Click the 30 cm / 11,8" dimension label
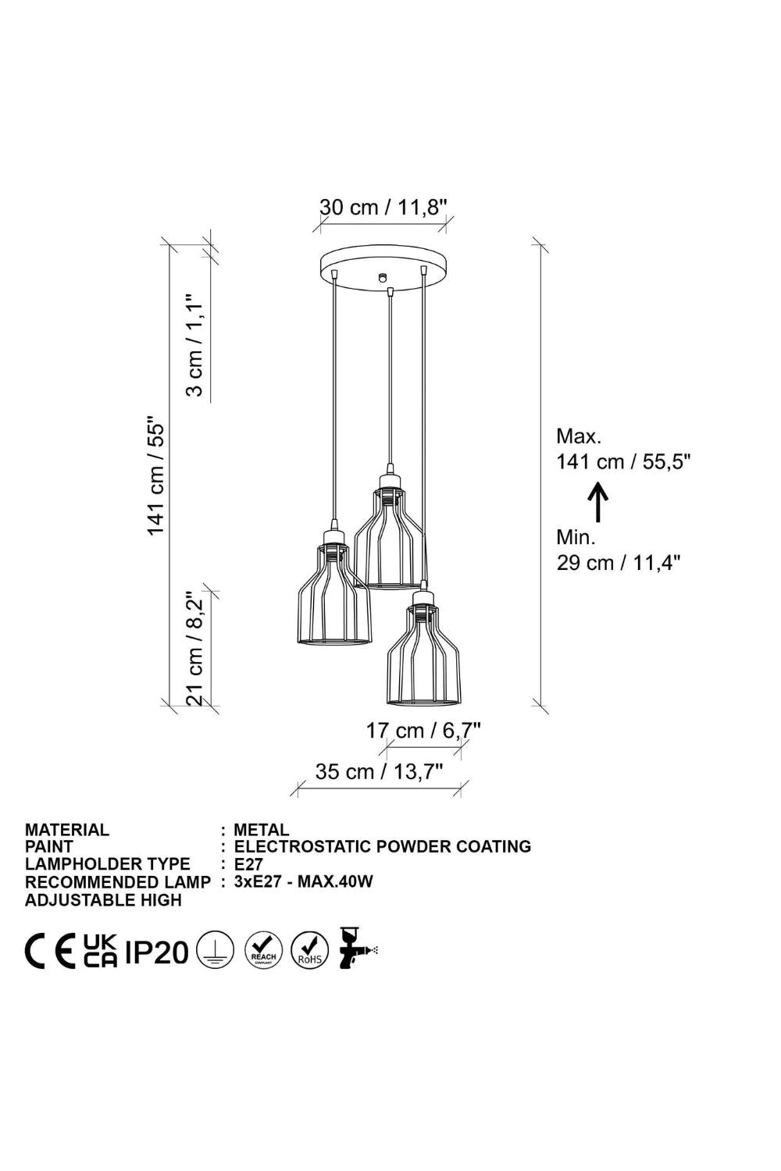coord(383,207)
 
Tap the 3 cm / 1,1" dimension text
coord(195,345)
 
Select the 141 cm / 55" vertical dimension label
coord(156,475)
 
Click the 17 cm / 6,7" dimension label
coord(423,730)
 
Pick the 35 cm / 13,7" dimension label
coord(380,771)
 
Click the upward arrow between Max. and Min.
coord(598,502)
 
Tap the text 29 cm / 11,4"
coord(619,563)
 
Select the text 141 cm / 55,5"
coord(623,461)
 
